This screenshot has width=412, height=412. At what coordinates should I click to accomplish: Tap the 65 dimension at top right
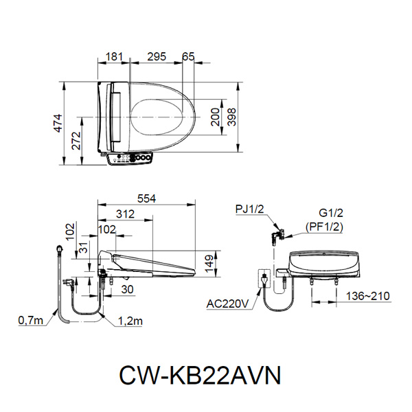coord(189,57)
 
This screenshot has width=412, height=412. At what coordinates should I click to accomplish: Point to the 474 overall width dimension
coord(58,123)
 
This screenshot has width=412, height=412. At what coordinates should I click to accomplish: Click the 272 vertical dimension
coord(76,141)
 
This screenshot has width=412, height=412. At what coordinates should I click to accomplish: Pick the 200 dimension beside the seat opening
coord(216,118)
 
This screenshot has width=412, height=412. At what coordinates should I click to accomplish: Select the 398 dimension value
coord(233,118)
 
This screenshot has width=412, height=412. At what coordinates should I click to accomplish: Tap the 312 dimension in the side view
coord(125,214)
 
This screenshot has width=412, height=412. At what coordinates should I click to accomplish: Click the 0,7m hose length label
coord(30,319)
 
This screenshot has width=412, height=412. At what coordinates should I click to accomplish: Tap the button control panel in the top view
coord(132,159)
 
